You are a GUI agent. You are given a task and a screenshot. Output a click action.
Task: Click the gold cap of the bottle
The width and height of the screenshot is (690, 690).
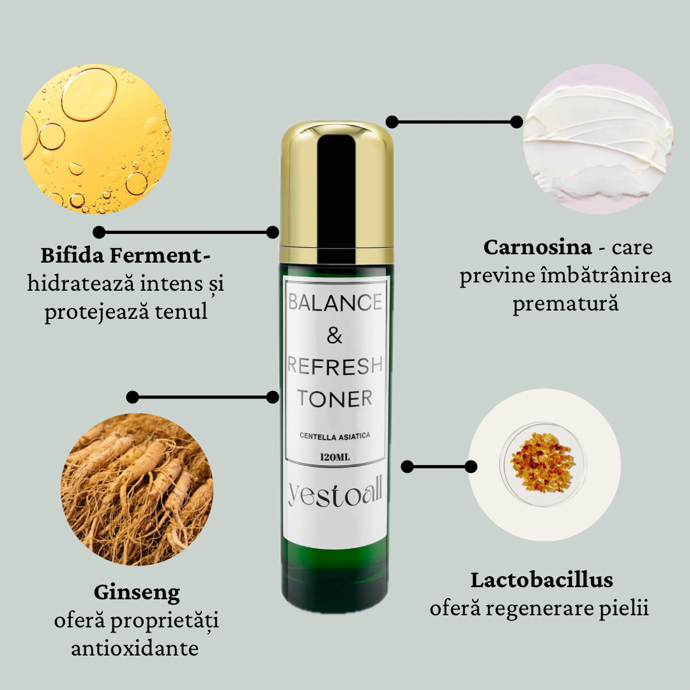click(x=337, y=192)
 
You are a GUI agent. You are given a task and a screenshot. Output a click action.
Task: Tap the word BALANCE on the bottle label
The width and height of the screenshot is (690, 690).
click(x=335, y=302)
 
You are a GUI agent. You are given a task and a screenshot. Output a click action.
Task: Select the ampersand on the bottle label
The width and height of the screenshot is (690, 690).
click(x=334, y=336)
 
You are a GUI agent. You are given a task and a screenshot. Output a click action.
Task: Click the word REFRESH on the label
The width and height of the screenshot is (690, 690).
click(x=335, y=365)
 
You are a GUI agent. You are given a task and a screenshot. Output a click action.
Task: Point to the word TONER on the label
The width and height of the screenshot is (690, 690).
click(x=334, y=398)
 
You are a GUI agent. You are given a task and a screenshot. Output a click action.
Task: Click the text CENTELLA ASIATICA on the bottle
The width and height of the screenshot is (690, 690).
click(x=335, y=436)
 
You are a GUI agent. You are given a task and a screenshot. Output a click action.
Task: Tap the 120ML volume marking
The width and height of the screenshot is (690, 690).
click(x=335, y=457)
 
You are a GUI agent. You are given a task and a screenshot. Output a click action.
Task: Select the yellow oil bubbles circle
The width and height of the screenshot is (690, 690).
click(x=96, y=139)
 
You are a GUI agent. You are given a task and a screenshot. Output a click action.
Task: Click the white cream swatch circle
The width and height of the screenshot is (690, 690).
click(x=598, y=139)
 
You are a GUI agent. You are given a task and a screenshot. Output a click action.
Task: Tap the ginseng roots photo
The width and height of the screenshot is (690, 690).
click(x=137, y=489)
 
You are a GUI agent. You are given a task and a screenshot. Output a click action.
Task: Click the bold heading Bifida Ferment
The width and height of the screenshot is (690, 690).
click(x=125, y=255)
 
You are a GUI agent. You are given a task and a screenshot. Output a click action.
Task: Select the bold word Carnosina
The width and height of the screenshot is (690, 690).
click(x=537, y=247)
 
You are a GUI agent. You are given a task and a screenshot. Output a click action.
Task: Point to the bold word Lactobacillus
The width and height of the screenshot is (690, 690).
click(x=542, y=580)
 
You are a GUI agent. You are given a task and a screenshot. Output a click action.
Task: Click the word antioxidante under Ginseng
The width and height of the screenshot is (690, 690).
click(x=135, y=648)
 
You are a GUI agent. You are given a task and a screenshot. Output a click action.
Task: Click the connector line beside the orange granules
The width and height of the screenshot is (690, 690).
click(x=439, y=466)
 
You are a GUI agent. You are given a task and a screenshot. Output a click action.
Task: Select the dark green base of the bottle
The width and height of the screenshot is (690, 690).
click(x=335, y=581)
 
